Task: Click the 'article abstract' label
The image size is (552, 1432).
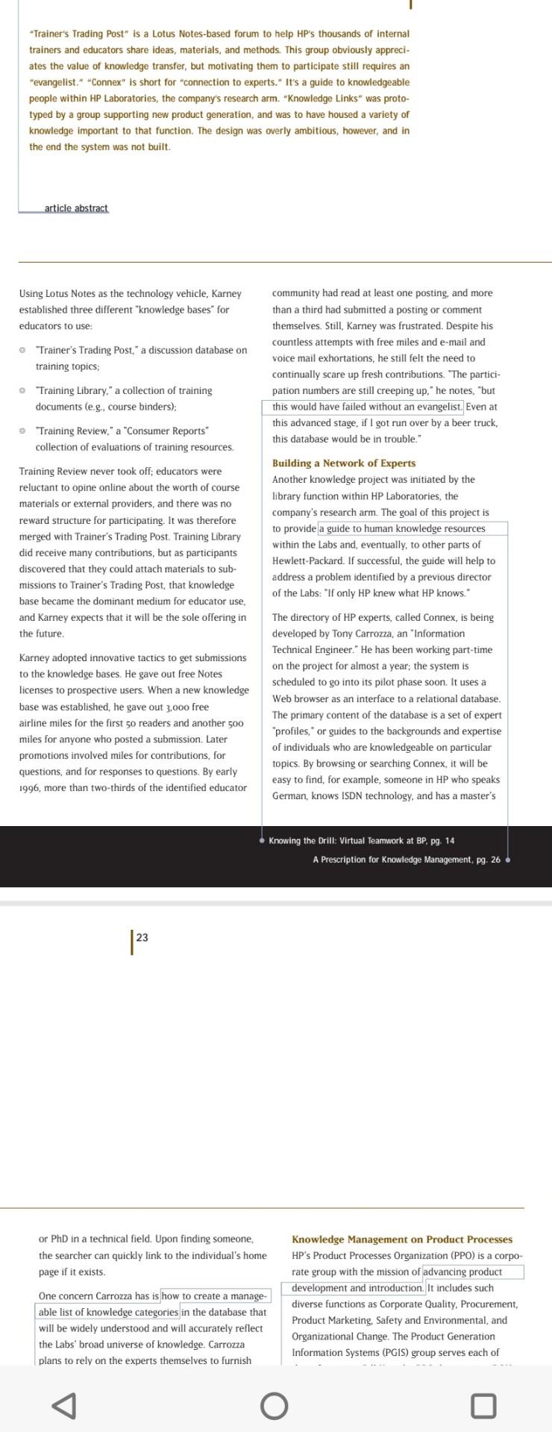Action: tap(76, 208)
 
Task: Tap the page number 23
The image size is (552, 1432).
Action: tap(142, 937)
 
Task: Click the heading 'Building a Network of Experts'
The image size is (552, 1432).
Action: tap(344, 463)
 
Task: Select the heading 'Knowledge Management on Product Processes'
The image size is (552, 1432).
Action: tap(401, 1239)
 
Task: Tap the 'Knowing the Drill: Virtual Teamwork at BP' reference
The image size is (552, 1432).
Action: tap(361, 841)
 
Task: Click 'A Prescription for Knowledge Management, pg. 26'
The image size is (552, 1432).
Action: tap(407, 860)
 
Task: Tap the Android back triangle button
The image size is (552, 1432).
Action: tap(64, 1407)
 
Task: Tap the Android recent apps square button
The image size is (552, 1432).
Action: tap(483, 1407)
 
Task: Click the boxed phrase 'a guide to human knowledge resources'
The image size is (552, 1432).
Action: tap(402, 529)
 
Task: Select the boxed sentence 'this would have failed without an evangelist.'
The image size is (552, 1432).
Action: tap(363, 407)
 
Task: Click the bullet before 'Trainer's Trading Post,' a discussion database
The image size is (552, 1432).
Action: tap(22, 350)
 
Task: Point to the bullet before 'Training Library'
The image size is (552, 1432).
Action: tap(22, 391)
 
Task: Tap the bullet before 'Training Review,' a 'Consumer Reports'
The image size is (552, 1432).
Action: tap(22, 431)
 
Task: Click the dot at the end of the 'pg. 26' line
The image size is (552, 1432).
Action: tap(508, 860)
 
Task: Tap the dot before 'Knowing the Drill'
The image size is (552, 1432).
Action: tap(262, 841)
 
